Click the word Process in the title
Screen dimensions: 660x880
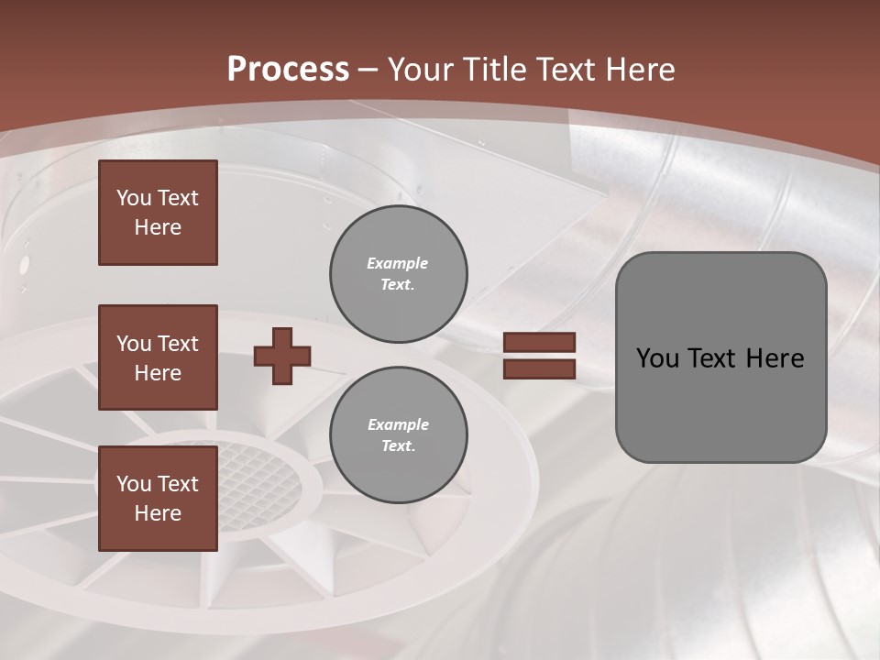pos(288,70)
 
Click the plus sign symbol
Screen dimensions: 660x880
pos(282,356)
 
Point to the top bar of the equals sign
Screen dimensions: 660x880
pos(539,343)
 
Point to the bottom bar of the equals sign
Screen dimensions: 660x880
pos(539,368)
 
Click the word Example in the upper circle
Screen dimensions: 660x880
pos(397,264)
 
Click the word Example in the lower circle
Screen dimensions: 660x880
pos(398,425)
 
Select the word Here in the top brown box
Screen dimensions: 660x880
pos(158,227)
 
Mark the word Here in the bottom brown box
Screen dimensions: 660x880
pos(158,513)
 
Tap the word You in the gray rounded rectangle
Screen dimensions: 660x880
pos(657,358)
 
